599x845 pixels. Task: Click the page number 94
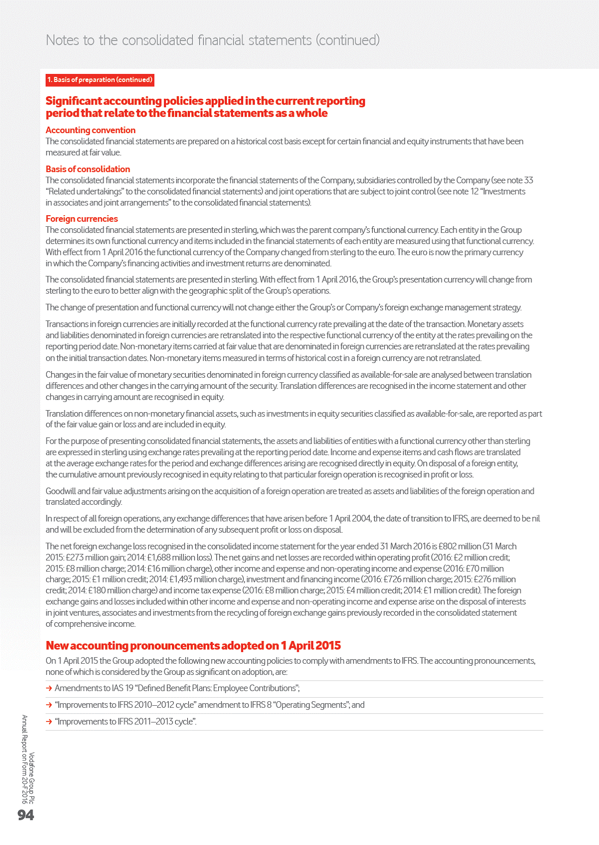click(x=26, y=815)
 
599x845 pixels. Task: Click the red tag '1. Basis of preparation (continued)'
click(x=100, y=80)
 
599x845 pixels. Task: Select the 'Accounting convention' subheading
click(x=91, y=130)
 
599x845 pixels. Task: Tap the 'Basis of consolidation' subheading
click(x=88, y=169)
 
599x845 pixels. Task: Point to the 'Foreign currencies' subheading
click(x=82, y=219)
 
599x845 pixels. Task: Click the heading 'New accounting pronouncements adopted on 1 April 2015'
click(x=193, y=646)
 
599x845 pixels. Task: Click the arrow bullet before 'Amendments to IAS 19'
click(x=49, y=688)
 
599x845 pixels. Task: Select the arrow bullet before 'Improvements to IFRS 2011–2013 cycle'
click(x=49, y=721)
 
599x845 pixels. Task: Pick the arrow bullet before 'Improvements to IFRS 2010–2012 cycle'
click(x=49, y=705)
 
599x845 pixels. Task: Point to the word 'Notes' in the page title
click(x=63, y=40)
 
